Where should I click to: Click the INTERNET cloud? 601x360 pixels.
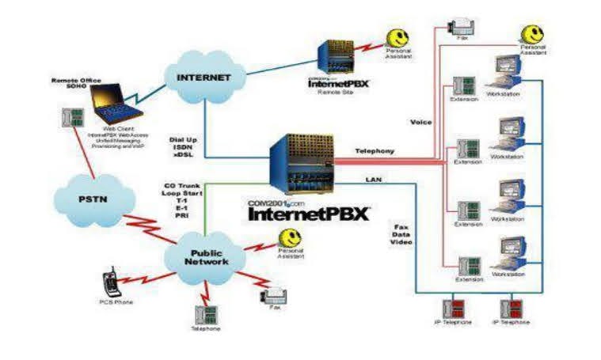point(204,78)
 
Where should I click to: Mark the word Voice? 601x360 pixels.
point(420,122)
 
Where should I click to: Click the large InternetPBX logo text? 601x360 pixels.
point(309,214)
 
